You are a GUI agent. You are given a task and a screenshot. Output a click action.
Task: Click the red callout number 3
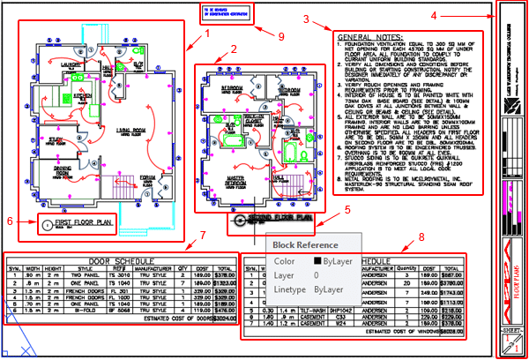pyautogui.click(x=304, y=19)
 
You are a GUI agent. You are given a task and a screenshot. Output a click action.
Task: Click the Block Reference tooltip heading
pyautogui.click(x=304, y=244)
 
